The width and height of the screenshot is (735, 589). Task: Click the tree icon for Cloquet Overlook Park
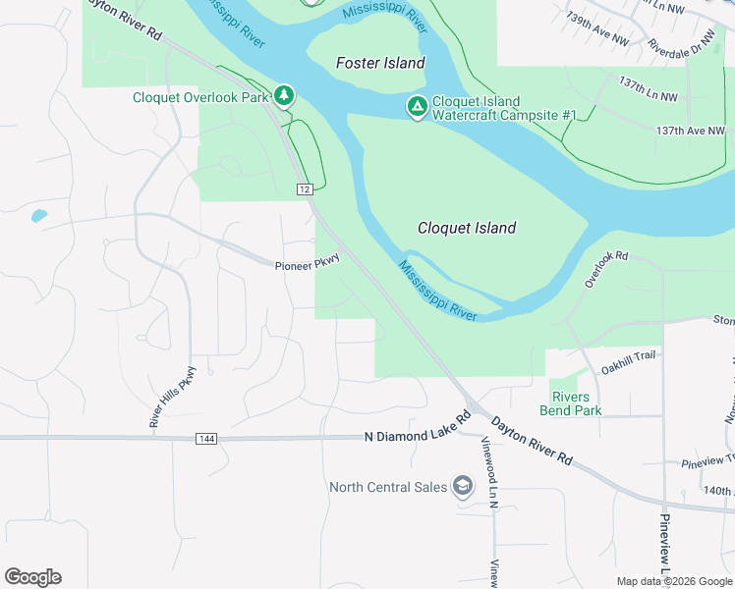click(284, 95)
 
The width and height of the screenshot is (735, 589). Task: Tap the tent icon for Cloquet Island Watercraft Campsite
click(417, 106)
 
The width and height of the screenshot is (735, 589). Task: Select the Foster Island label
click(380, 63)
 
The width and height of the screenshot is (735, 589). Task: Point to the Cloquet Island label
click(467, 228)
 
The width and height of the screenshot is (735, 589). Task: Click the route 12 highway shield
click(306, 188)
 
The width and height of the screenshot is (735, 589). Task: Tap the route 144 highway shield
click(205, 437)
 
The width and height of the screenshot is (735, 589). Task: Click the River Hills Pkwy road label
click(166, 397)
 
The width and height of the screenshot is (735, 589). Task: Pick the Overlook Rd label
click(606, 269)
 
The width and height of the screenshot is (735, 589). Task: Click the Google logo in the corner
click(32, 577)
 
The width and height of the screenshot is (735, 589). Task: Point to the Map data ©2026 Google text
click(673, 581)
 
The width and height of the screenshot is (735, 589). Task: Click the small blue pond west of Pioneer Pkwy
click(38, 215)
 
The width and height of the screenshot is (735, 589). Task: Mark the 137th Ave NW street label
click(690, 130)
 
